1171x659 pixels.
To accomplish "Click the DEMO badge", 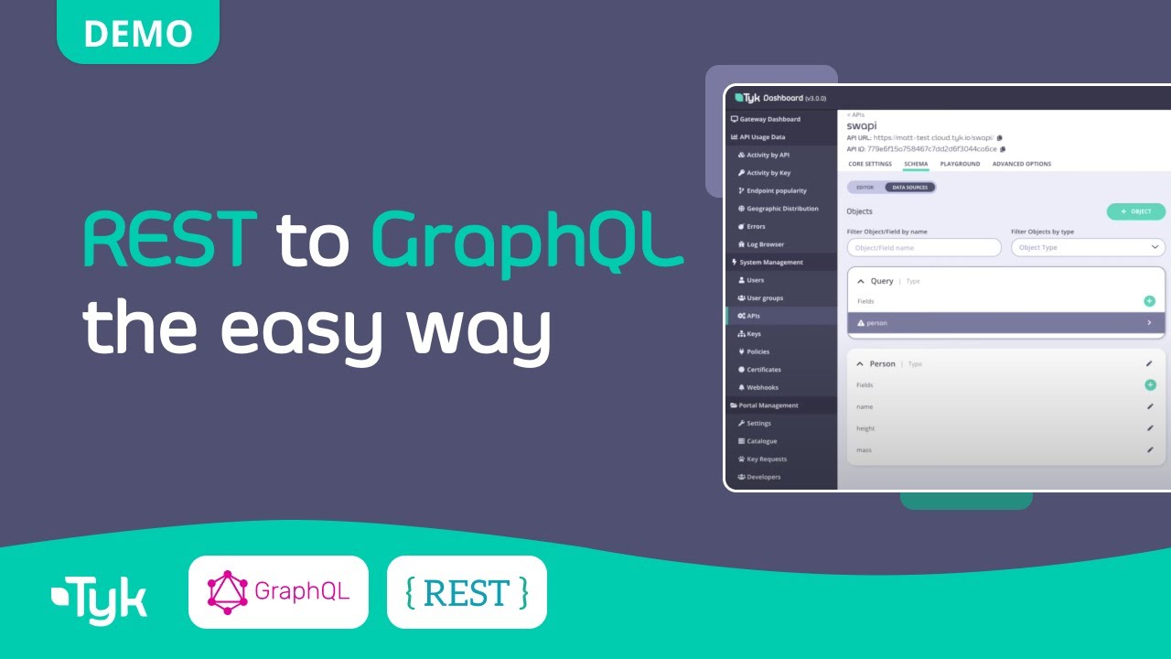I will point(138,33).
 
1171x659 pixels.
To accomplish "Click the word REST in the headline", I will point(170,241).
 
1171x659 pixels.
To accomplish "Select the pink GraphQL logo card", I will point(278,592).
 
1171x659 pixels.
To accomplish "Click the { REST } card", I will point(467,592).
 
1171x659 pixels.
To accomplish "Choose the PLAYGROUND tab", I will point(960,164).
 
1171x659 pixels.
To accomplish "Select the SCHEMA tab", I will point(916,164).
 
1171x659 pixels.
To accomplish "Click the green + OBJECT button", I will point(1135,211).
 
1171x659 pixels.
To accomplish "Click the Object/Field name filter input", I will point(924,247).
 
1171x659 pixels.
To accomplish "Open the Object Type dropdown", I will point(1088,247).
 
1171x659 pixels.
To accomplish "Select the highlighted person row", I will point(1005,323).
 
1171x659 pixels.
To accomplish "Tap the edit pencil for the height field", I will point(1150,427).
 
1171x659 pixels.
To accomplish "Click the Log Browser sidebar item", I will point(765,244).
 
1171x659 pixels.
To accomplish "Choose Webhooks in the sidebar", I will point(763,387).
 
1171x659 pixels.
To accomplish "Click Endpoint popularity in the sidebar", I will point(776,190).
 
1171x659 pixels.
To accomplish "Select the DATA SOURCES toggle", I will point(909,188).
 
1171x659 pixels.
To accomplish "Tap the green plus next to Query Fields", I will point(1149,301).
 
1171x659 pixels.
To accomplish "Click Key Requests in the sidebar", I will point(766,459).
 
